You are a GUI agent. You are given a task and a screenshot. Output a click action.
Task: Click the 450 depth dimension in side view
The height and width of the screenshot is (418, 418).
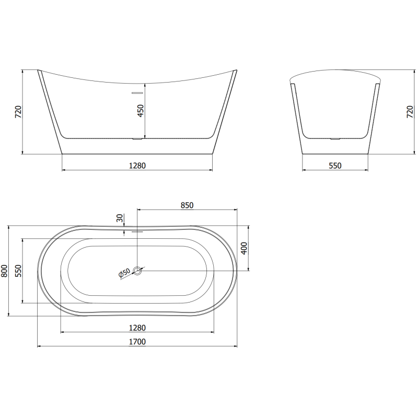click(140, 111)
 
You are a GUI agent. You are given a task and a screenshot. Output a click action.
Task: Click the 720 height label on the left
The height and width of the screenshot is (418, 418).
click(17, 112)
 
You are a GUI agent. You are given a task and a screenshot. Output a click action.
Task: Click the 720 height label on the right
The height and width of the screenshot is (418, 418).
click(410, 112)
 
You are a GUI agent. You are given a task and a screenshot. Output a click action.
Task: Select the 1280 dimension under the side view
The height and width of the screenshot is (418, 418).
click(137, 165)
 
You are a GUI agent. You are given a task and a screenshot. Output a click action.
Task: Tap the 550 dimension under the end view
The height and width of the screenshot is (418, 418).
click(334, 165)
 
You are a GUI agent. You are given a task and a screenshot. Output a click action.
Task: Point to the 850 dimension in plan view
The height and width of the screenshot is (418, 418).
click(187, 205)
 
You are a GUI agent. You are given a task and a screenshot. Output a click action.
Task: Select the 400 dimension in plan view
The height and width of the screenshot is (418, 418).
click(243, 249)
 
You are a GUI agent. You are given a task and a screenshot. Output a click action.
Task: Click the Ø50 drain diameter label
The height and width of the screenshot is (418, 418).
click(124, 273)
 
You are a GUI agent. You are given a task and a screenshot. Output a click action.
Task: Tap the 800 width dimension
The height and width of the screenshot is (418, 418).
click(5, 271)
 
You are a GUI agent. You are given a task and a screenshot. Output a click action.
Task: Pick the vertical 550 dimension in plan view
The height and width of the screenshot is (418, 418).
click(18, 271)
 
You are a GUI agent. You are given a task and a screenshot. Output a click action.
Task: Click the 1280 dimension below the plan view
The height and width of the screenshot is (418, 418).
click(137, 328)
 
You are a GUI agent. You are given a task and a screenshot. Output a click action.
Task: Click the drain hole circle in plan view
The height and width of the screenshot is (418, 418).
click(138, 270)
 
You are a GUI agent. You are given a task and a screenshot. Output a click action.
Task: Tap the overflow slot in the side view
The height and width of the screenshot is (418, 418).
click(137, 92)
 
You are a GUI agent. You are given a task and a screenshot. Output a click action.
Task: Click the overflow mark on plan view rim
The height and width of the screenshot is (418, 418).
click(137, 230)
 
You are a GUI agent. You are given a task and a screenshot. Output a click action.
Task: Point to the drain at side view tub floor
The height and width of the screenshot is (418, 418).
click(137, 139)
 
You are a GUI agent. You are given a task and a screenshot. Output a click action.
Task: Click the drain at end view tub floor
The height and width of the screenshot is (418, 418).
click(334, 139)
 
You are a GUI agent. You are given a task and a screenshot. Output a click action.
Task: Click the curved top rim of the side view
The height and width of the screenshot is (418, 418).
click(137, 83)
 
